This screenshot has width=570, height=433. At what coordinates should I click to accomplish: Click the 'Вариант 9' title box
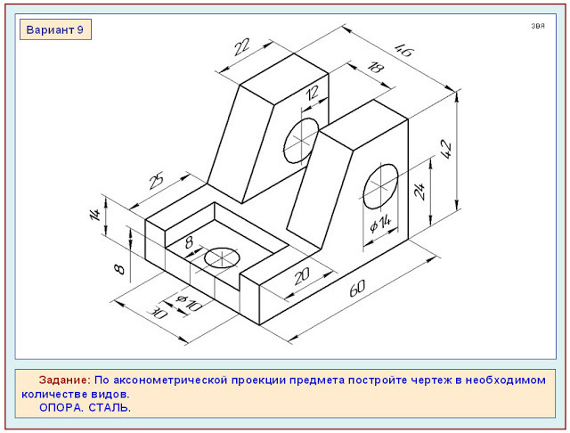pos(55,29)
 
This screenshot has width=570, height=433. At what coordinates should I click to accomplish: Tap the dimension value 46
pos(404,50)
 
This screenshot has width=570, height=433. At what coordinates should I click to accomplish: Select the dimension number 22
pos(241,47)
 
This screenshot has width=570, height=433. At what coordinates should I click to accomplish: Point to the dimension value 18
pos(375,68)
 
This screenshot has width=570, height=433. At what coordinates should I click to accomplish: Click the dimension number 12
pos(312,93)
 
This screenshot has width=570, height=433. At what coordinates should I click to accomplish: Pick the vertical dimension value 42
pos(446,149)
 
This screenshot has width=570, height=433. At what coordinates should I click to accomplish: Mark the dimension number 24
pos(419,191)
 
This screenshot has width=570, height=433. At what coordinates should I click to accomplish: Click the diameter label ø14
pos(380,224)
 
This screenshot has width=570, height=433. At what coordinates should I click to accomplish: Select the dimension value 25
pos(157,181)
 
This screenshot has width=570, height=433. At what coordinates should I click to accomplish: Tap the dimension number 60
pos(357,288)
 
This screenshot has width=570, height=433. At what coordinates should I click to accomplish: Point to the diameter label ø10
pos(189,303)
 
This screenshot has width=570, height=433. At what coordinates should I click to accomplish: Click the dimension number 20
pos(301,276)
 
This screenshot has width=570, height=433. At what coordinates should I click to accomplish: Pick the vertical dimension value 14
pos(95,215)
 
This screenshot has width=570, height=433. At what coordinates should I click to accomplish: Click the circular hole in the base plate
pos(222,257)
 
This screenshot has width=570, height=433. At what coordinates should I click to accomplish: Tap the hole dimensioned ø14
pos(380,186)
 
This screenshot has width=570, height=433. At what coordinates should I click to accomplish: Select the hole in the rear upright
pos(301,141)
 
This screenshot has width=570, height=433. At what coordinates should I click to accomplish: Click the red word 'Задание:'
pos(65,380)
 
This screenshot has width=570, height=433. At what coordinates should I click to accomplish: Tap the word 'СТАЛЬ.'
pos(110,407)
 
